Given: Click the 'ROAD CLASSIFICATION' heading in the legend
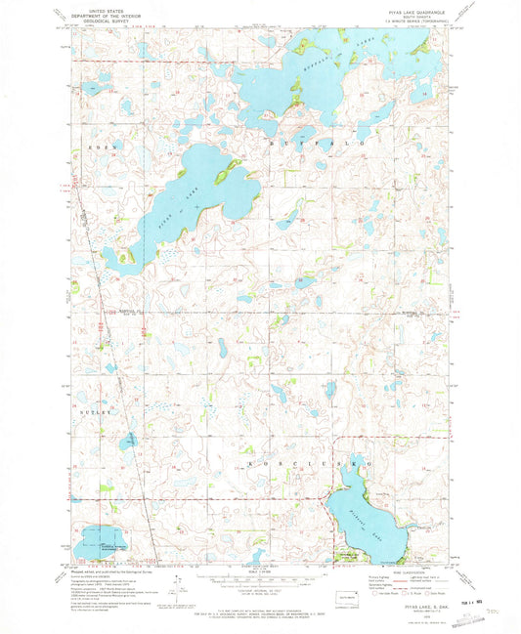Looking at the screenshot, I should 405,572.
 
